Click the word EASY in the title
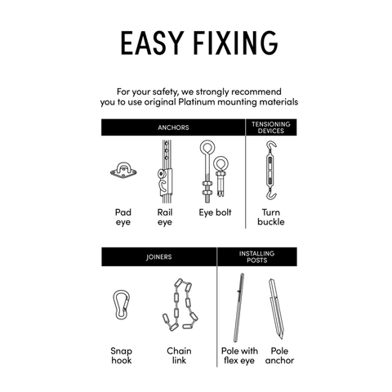tap(152, 42)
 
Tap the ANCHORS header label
tap(173, 127)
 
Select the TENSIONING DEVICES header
tap(270, 127)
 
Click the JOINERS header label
tap(158, 257)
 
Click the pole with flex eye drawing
tap(238, 307)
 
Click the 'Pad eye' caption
tap(122, 216)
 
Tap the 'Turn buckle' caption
tap(270, 216)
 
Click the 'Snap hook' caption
tap(121, 355)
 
